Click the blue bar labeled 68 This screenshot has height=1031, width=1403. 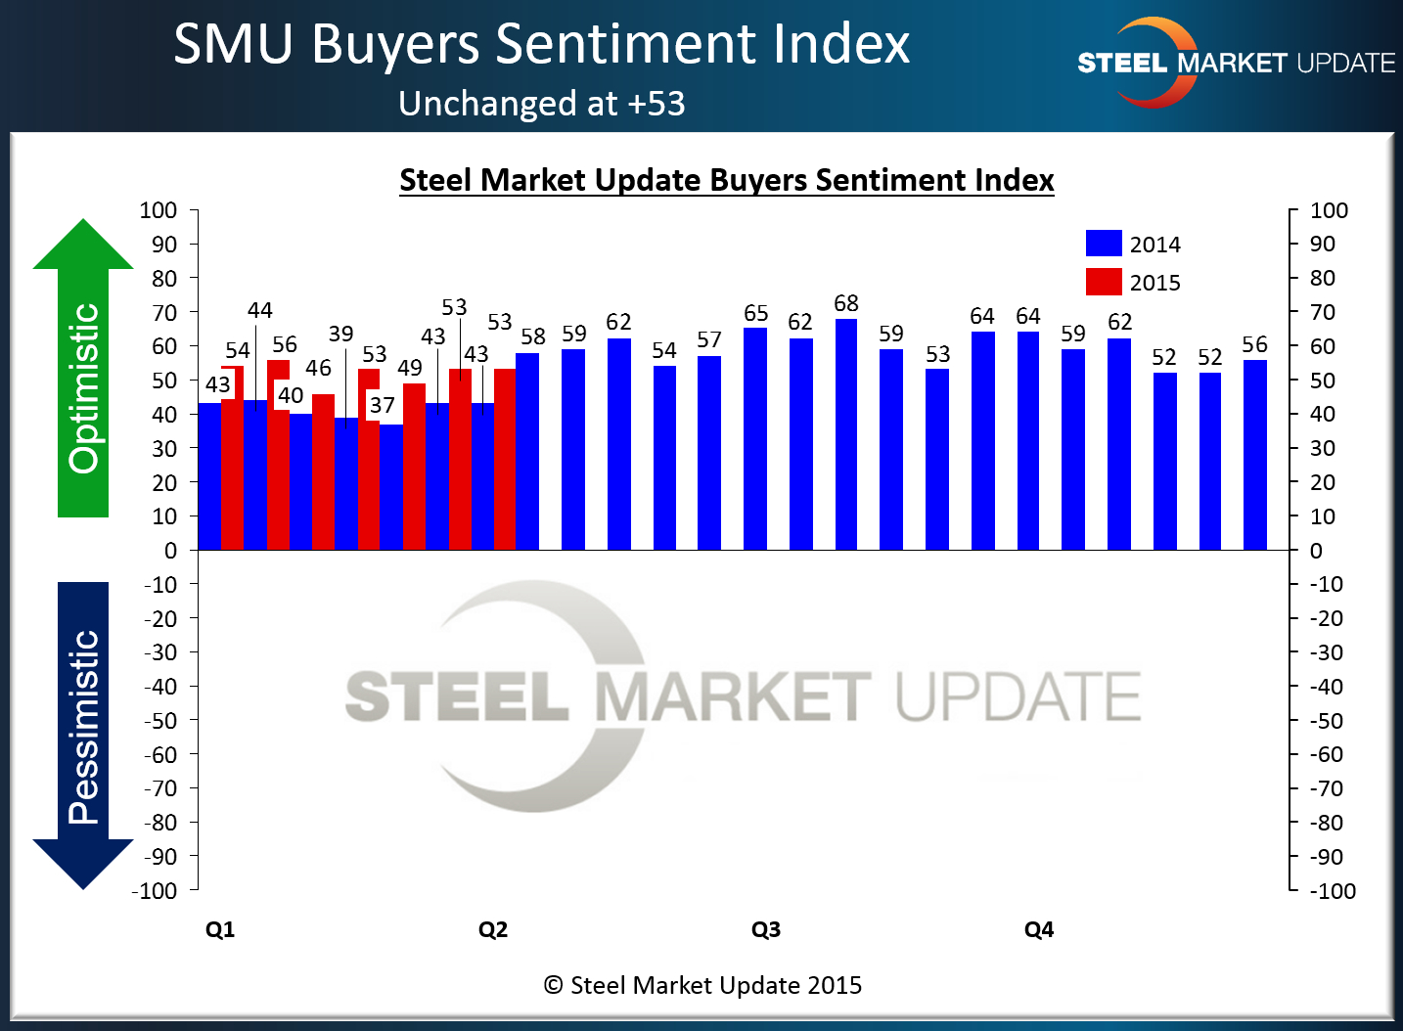tap(846, 435)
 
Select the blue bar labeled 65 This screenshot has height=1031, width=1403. tap(755, 439)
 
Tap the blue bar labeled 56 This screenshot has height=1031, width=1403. tap(1255, 455)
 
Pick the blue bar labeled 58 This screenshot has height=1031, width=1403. tap(527, 451)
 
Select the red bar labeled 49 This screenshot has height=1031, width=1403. tap(415, 467)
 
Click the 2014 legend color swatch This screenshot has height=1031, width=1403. tap(1104, 244)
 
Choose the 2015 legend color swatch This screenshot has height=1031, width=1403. tap(1104, 282)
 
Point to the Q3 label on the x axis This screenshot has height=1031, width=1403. tap(766, 929)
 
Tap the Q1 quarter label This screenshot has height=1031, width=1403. tap(220, 929)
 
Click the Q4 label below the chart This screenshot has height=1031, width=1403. tap(1039, 929)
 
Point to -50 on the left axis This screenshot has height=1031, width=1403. tap(161, 721)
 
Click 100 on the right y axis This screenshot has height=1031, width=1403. tap(1329, 210)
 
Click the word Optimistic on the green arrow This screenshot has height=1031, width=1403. tap(84, 388)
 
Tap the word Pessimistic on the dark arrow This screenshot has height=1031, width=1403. tap(84, 727)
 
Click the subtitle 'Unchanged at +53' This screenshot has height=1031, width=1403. tap(542, 104)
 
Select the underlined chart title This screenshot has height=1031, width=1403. tap(727, 180)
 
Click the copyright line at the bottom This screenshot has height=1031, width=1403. tap(702, 985)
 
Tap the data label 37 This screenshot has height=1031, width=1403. tap(383, 405)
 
